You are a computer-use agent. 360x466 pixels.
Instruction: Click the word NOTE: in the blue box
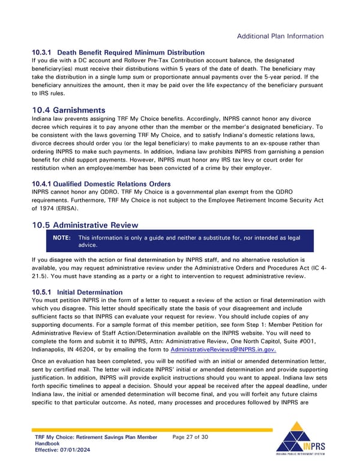click(62, 238)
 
